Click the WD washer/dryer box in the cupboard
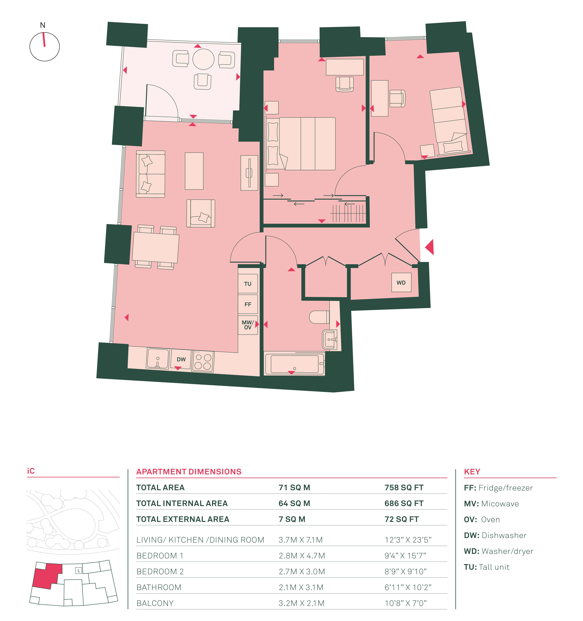pos(401,282)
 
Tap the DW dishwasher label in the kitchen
pos(181,359)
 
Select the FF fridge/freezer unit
pos(248,304)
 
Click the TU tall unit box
pos(248,284)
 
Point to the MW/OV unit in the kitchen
pos(248,325)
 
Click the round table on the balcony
pos(203,59)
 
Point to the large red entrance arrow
pos(430,247)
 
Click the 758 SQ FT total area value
pos(404,488)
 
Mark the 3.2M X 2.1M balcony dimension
pos(301,603)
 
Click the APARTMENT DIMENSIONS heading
pos(189,472)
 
